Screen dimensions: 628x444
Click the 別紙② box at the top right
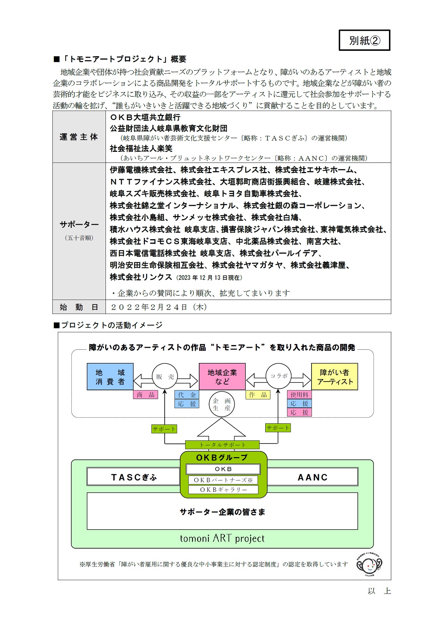coord(364,40)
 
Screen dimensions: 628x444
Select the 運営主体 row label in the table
coord(79,137)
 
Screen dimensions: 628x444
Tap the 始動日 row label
coord(79,307)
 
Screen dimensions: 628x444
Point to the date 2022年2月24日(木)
coord(159,307)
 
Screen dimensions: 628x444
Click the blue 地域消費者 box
coord(110,377)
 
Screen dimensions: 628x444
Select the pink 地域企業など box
coord(222,377)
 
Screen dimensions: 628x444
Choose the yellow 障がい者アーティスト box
coord(334,377)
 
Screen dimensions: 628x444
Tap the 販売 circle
coord(165,376)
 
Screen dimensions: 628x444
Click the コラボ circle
coord(279,376)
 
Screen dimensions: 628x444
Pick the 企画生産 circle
coord(222,404)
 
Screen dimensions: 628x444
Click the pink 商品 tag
coord(146,395)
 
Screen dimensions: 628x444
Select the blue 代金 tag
coord(187,395)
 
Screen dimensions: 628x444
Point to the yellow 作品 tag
coord(258,395)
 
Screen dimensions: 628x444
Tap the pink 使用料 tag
coord(299,395)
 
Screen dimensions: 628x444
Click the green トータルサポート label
coord(222,445)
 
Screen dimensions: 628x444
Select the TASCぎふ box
coord(133,477)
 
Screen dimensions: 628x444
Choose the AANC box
coord(312,477)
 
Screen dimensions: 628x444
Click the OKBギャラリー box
coord(223,490)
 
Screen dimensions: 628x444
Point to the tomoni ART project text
coord(222,538)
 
